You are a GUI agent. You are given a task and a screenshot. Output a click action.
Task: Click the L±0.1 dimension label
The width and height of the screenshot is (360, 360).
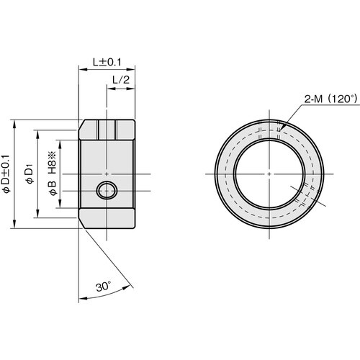(x=107, y=63)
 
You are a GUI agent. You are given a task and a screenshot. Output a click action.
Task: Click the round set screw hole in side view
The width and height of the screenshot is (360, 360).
(x=107, y=191)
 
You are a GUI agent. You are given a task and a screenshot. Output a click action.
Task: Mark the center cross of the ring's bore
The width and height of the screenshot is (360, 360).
(x=267, y=174)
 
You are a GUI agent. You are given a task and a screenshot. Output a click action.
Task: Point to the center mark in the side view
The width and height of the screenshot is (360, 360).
(x=107, y=174)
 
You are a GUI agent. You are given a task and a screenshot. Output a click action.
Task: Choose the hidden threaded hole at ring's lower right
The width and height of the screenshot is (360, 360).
(x=302, y=193)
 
